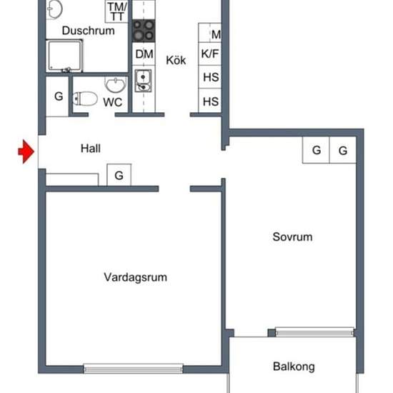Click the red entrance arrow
(26, 151)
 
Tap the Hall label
(91, 149)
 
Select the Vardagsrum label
(135, 277)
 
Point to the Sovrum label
(292, 237)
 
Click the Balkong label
(294, 367)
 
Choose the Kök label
(176, 60)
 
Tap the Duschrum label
(88, 31)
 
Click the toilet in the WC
(85, 99)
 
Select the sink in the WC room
(116, 85)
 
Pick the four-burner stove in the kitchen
(144, 31)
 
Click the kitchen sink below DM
(143, 81)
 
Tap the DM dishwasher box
(144, 54)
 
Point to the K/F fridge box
(210, 54)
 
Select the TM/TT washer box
(116, 11)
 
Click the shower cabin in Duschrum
(64, 56)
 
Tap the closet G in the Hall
(119, 175)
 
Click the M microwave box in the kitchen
(210, 33)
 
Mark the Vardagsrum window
(134, 369)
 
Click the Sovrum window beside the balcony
(315, 332)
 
